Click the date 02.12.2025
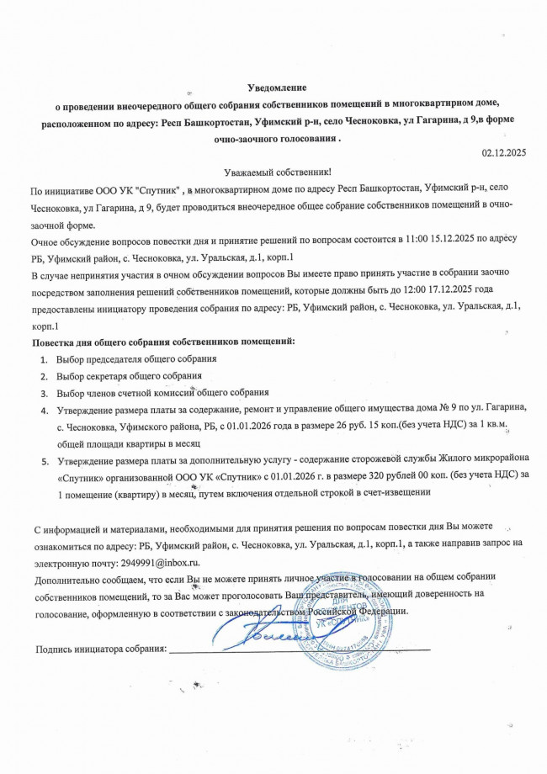[502, 152]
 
